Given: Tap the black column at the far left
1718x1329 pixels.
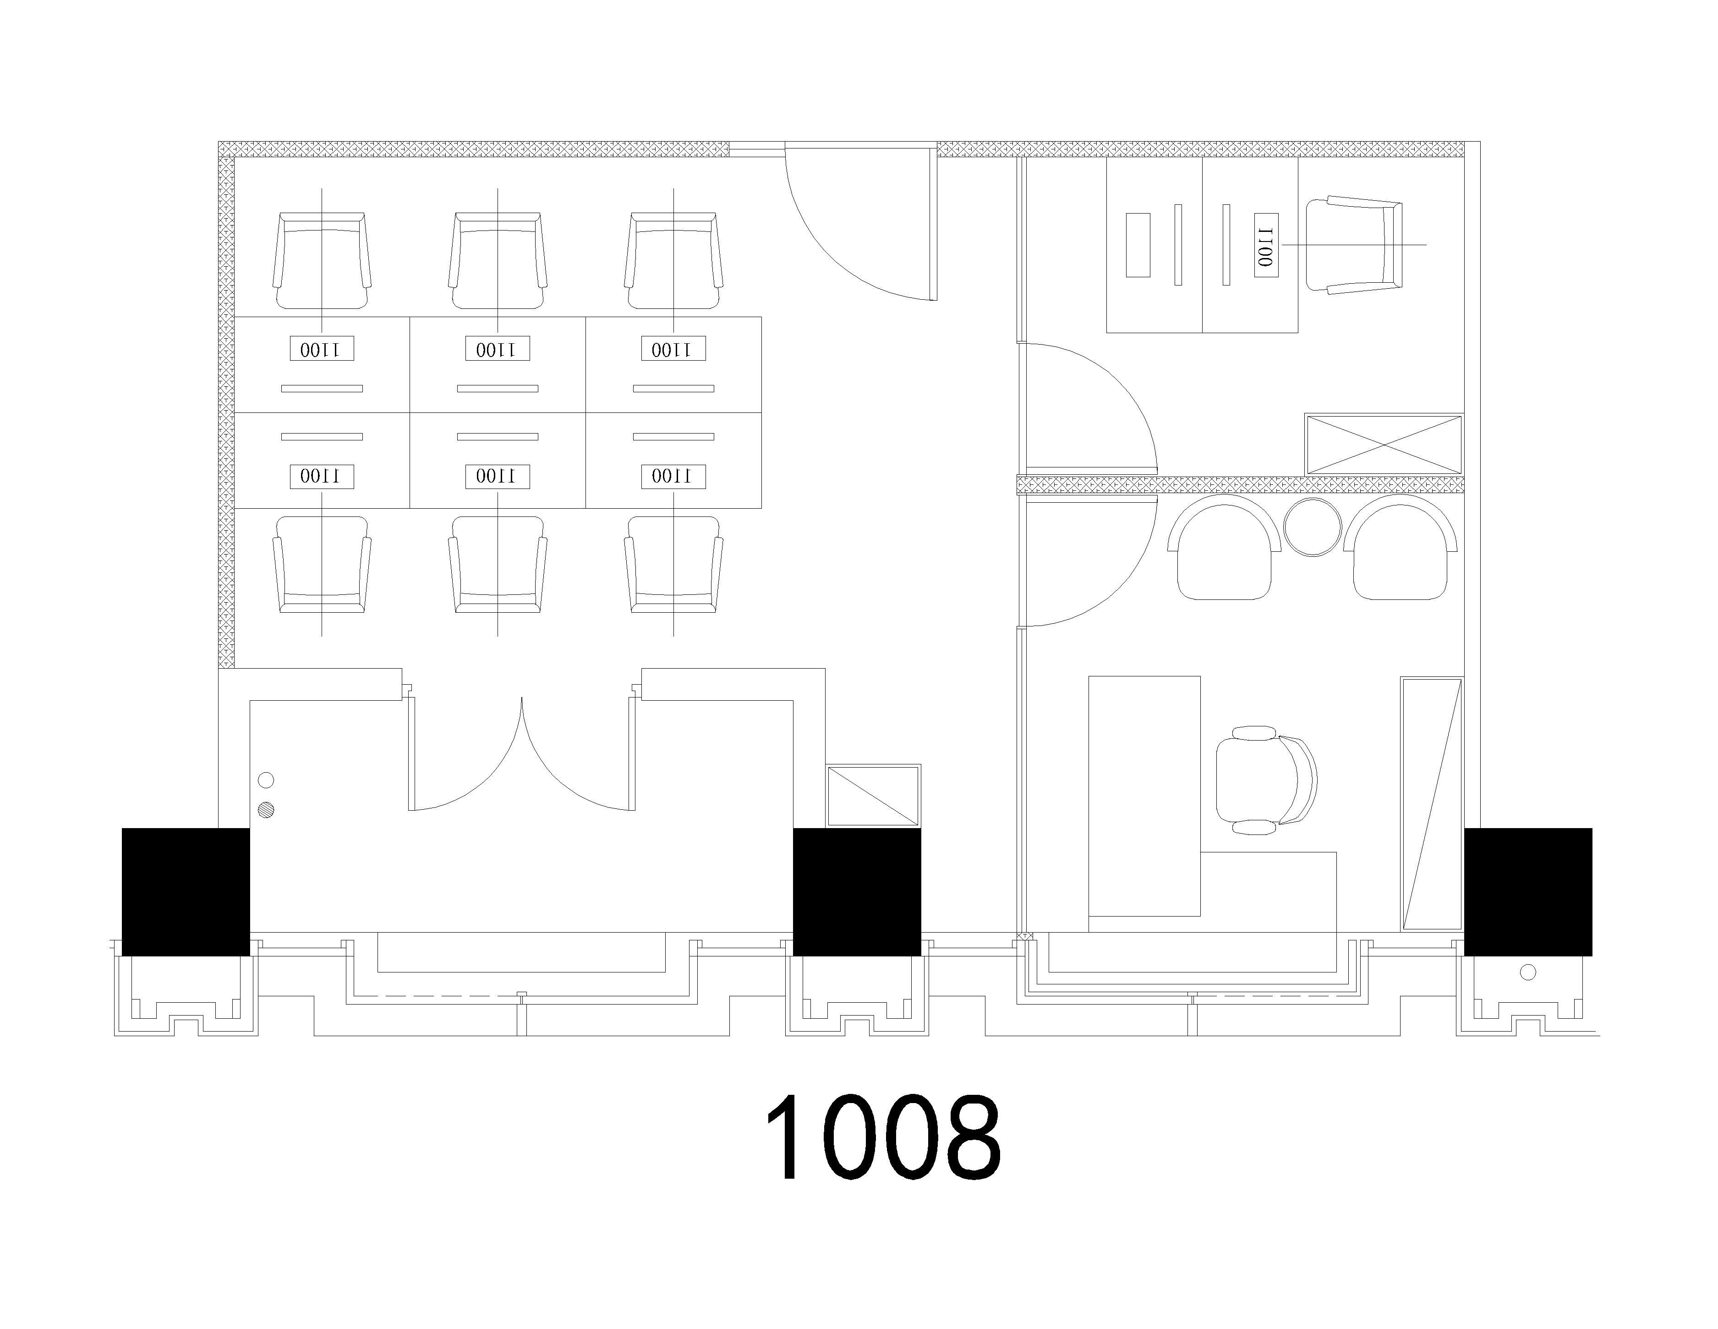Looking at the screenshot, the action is (186, 891).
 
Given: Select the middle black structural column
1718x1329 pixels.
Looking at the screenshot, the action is (857, 891).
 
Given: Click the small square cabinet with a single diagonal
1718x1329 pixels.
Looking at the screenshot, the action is (873, 796).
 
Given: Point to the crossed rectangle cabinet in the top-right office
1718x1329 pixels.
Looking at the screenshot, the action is (1384, 445).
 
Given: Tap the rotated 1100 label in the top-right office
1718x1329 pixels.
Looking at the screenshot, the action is (1266, 245).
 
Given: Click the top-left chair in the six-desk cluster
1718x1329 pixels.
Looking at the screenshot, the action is (322, 260).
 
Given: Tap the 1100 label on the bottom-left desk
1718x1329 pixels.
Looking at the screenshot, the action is (322, 476).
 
